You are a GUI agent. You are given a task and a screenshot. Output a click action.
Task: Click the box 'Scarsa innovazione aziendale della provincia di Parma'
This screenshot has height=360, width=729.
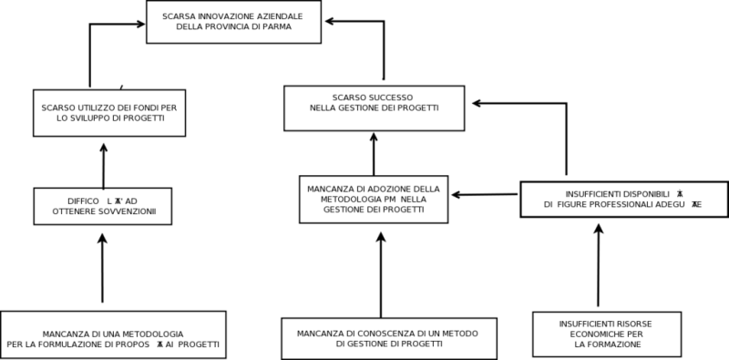tap(233, 22)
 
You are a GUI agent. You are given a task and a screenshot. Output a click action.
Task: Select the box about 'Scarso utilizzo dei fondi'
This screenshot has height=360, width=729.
tap(109, 112)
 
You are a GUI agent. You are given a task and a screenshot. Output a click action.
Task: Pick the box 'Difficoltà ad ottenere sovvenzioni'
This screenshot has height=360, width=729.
tap(102, 206)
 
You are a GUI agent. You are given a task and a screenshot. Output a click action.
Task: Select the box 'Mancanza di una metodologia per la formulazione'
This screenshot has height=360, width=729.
tap(113, 334)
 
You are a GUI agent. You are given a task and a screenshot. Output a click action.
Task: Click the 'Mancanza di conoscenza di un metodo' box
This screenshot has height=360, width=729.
tap(388, 338)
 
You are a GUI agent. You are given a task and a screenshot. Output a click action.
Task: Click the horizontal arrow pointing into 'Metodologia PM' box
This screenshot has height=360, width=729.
tap(487, 194)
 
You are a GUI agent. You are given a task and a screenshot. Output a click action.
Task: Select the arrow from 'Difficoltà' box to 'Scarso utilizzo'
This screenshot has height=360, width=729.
tap(103, 164)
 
